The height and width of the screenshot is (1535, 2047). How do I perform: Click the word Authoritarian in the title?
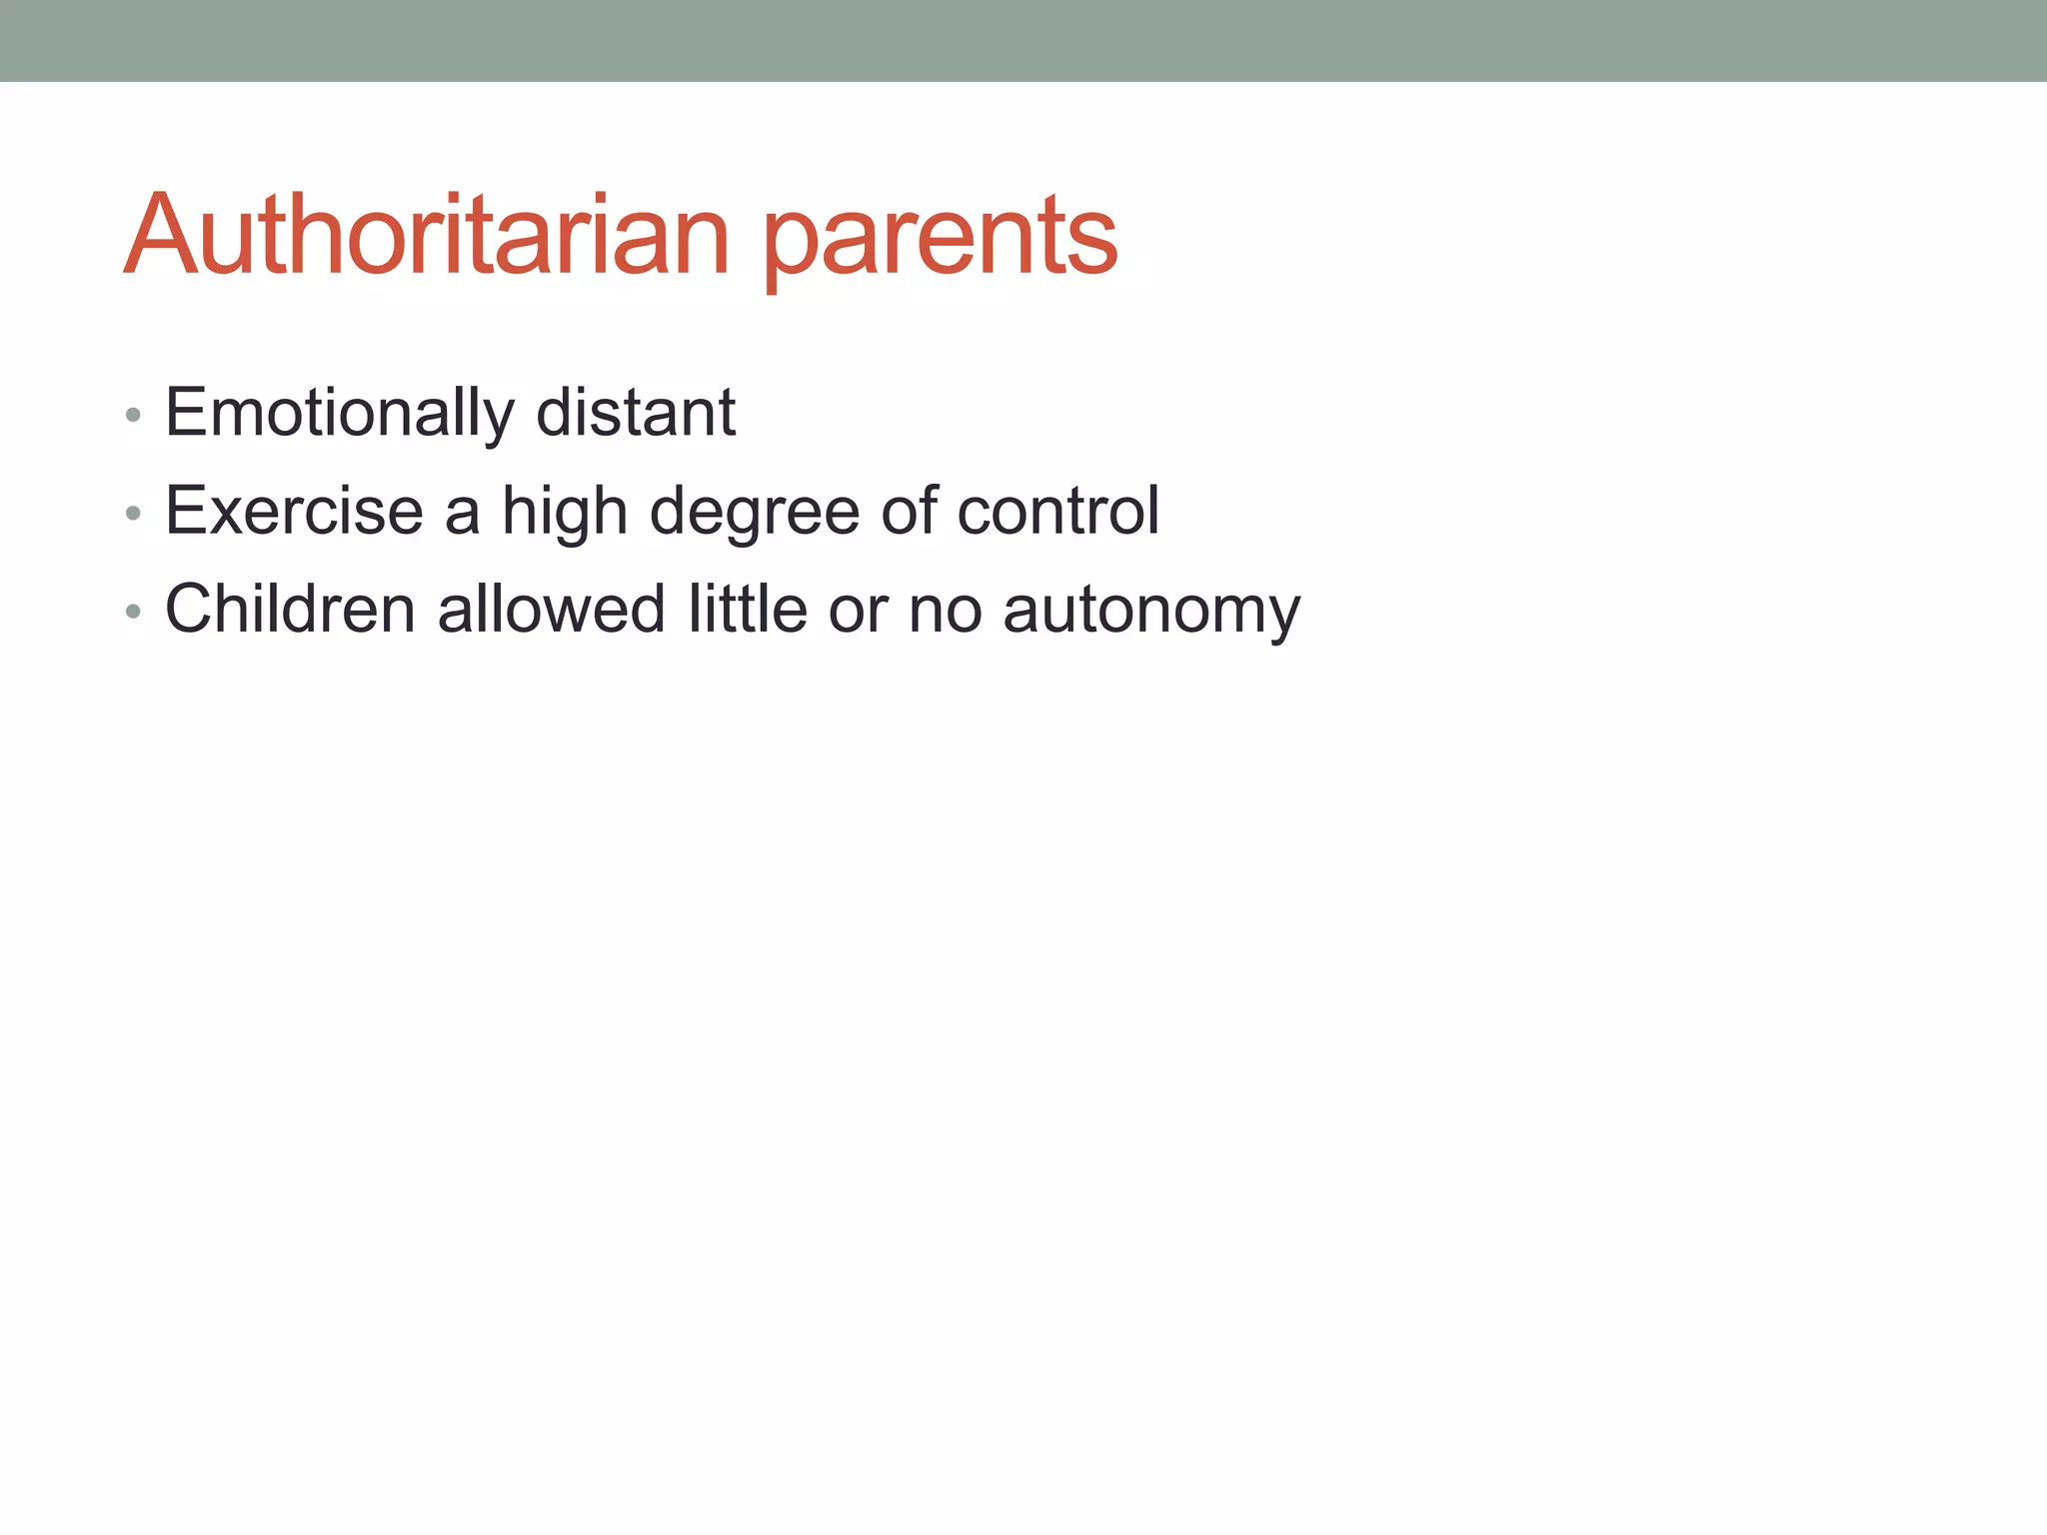point(427,235)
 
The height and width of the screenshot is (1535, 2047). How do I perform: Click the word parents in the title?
point(940,240)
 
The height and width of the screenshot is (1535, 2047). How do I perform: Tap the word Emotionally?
point(340,413)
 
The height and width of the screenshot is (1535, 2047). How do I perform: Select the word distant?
point(636,413)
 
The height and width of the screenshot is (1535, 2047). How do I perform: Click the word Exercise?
point(294,511)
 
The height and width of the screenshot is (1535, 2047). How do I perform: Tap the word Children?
point(290,609)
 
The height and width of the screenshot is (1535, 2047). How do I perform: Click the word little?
point(748,609)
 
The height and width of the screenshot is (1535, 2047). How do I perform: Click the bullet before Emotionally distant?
point(133,415)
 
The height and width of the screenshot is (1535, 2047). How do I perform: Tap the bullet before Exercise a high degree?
point(133,514)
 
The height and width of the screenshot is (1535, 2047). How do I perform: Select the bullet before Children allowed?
point(133,612)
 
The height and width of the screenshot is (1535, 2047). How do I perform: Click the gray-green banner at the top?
point(1023,40)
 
